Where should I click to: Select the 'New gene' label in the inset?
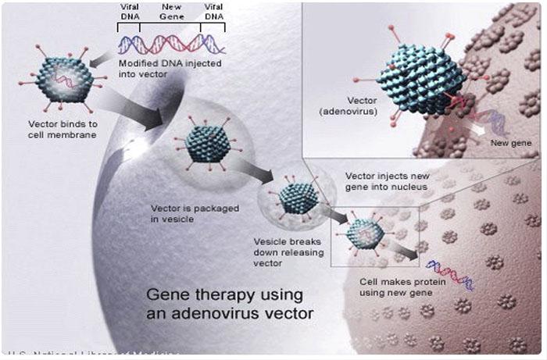tap(510, 144)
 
